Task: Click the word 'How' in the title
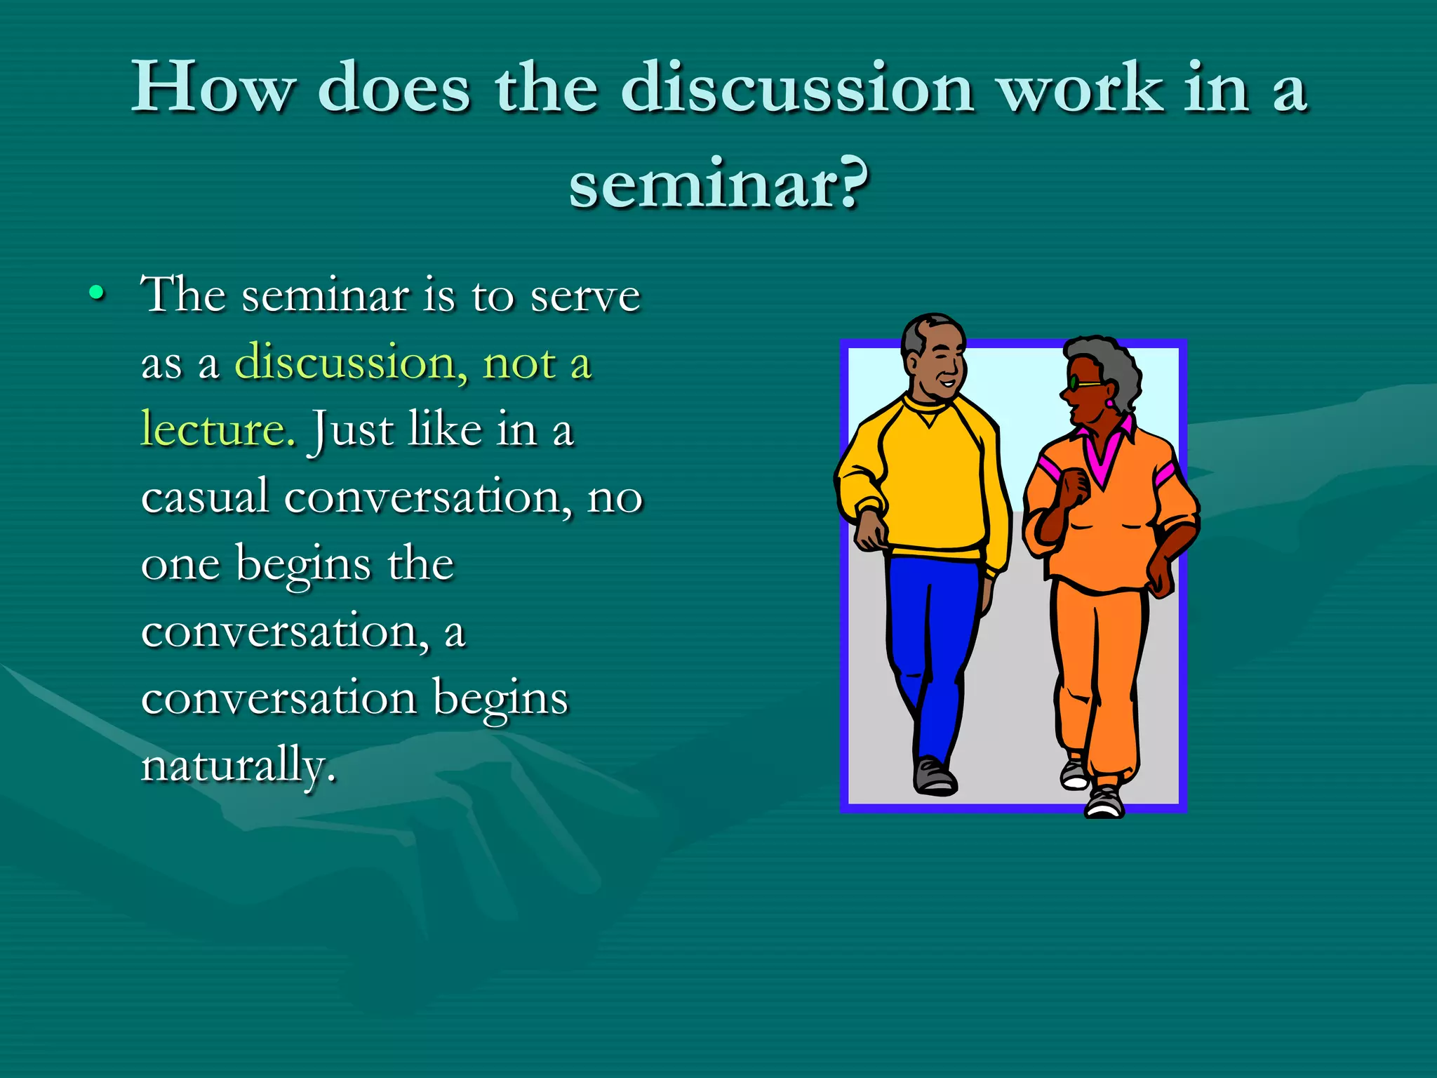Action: [213, 87]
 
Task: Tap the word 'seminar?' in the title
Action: [718, 185]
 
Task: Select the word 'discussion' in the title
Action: [796, 87]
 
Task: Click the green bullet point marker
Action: [98, 293]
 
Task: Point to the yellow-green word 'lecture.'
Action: [218, 429]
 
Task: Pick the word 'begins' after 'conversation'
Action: [500, 698]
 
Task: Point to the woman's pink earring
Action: [1109, 403]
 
